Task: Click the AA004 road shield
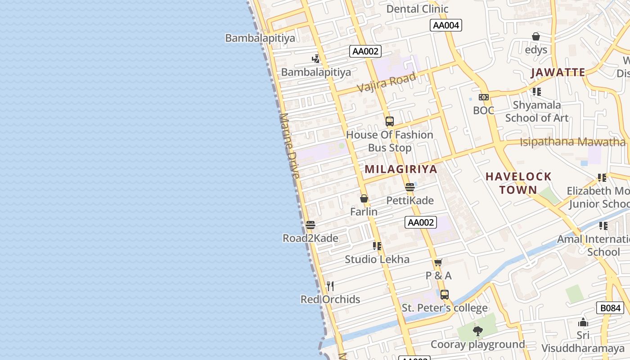445,25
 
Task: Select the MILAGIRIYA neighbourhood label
401,169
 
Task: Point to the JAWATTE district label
558,72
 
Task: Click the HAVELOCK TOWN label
518,183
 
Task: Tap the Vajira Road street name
387,83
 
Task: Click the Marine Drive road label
289,146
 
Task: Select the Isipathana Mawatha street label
572,142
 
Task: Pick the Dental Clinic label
417,9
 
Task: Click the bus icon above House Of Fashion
390,121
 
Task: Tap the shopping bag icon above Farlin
364,198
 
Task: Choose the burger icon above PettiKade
409,187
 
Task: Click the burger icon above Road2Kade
310,225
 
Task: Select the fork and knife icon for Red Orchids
330,286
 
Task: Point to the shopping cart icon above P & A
438,262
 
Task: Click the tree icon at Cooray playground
477,332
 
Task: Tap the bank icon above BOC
484,97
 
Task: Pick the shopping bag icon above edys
536,36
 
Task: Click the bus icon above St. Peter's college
445,295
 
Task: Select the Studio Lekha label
377,259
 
